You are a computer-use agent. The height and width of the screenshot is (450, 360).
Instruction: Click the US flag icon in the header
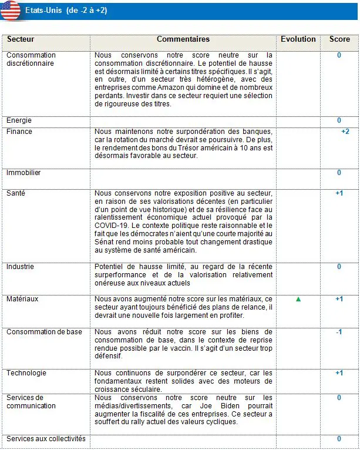click(x=10, y=11)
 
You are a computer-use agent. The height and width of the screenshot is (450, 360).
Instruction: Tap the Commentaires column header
click(x=183, y=39)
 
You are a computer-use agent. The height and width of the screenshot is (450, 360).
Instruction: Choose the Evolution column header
click(x=298, y=39)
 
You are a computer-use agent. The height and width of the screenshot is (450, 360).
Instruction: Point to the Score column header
click(x=339, y=39)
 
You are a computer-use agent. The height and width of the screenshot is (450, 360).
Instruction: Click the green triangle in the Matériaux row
click(x=298, y=299)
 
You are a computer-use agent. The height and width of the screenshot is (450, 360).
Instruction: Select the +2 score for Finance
click(x=345, y=132)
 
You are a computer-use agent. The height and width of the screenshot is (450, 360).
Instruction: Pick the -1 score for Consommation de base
click(x=339, y=333)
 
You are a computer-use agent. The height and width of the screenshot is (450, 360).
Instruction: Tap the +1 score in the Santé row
click(x=339, y=193)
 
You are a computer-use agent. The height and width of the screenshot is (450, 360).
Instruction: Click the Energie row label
click(x=19, y=120)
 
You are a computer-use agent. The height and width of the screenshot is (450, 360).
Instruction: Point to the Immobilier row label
click(x=23, y=173)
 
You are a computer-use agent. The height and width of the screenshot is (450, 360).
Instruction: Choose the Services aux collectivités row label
click(x=46, y=439)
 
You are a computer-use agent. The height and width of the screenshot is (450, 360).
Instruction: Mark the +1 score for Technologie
click(x=339, y=373)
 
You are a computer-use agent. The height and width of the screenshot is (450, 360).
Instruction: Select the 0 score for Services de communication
click(x=339, y=398)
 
